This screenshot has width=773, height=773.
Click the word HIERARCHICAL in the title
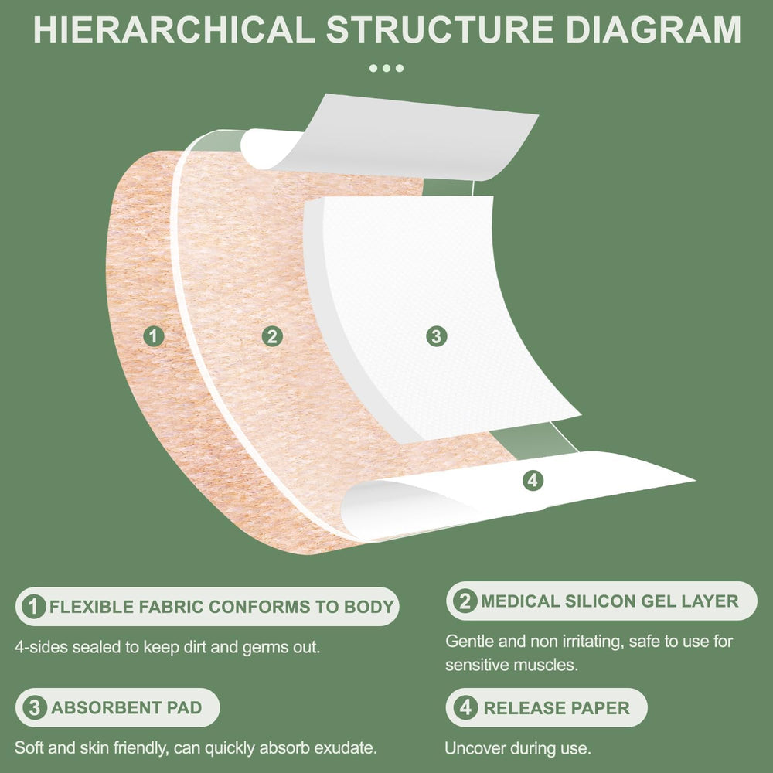(x=174, y=30)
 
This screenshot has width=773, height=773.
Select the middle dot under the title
(x=386, y=68)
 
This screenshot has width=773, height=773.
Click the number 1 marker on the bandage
(x=154, y=336)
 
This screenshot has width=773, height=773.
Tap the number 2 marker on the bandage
(x=272, y=336)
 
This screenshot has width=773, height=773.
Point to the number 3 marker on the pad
(x=437, y=336)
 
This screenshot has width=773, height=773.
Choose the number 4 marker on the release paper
(x=533, y=480)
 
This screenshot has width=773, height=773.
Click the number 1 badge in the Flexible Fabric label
(x=34, y=606)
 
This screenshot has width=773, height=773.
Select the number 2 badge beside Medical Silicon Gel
(x=465, y=601)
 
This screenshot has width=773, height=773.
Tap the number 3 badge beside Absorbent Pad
(x=34, y=707)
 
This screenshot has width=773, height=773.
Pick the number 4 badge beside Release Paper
(x=465, y=708)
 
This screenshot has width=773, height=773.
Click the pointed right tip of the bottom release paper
(x=695, y=479)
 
